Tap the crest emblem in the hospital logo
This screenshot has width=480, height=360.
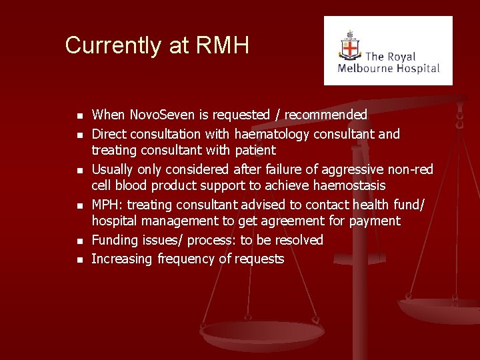[x=349, y=47]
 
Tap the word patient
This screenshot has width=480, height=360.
[x=255, y=151]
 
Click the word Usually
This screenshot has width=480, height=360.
[x=114, y=169]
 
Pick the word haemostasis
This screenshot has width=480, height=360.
[x=348, y=185]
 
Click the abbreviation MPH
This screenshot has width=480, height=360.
[x=105, y=204]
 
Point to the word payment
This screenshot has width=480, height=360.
[x=375, y=221]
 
